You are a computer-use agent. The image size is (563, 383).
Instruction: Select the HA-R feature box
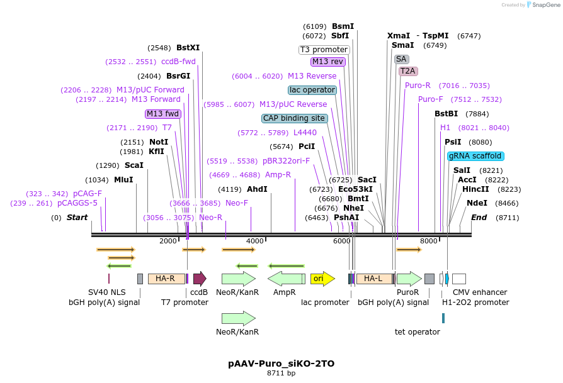(166, 279)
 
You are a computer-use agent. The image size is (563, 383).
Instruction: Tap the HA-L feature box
(373, 279)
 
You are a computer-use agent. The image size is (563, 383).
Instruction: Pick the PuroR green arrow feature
(409, 279)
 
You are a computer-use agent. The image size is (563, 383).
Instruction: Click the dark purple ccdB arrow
(200, 279)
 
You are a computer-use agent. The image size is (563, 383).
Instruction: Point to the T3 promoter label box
(324, 50)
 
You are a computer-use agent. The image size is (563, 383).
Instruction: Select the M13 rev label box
(328, 62)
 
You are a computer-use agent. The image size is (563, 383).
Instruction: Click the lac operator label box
(312, 90)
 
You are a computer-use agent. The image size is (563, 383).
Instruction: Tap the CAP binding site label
(295, 118)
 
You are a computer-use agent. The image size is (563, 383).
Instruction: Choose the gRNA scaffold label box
(475, 156)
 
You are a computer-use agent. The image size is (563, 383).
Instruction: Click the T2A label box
(407, 71)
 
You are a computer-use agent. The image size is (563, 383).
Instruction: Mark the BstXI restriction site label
(188, 48)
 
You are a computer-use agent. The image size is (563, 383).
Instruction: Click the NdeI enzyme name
(477, 203)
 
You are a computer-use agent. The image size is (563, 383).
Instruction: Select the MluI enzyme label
(123, 180)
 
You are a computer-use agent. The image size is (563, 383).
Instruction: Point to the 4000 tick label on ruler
(254, 241)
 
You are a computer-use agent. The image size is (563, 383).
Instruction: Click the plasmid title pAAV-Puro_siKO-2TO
(281, 364)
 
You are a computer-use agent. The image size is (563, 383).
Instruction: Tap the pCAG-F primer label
(87, 194)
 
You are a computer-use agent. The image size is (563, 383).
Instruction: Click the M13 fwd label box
(163, 114)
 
